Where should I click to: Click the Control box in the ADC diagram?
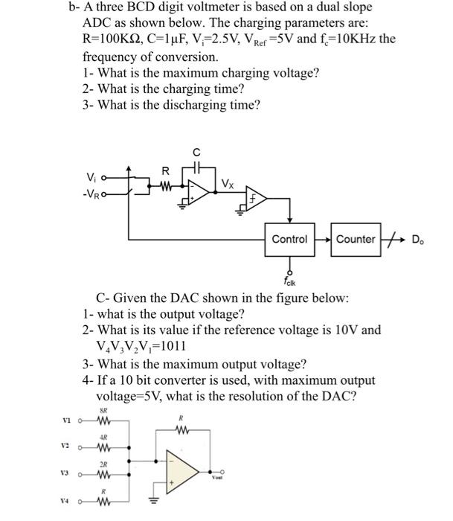click(289, 239)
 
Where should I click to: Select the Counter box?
click(356, 239)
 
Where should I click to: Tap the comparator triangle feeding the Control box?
click(256, 199)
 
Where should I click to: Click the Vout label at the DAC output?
click(218, 480)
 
